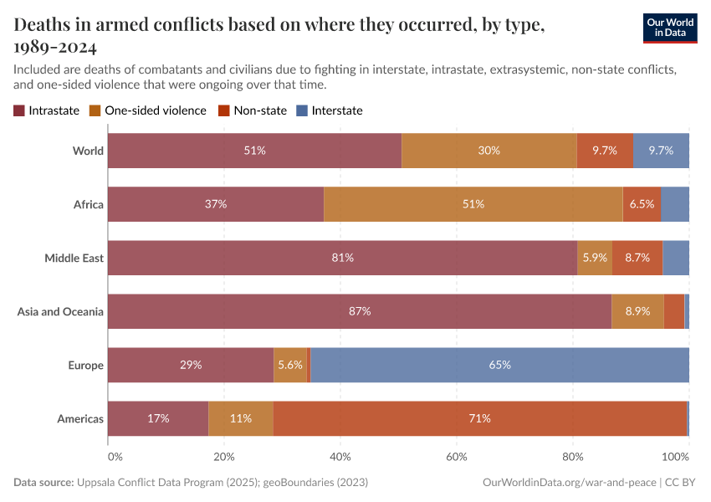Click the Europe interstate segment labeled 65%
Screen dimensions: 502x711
pyautogui.click(x=499, y=365)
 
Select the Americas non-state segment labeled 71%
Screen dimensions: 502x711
pyautogui.click(x=479, y=418)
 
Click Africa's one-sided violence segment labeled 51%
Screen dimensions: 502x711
pyautogui.click(x=473, y=204)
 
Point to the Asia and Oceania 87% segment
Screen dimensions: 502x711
pyautogui.click(x=360, y=311)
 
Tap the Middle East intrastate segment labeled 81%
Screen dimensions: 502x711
pyautogui.click(x=342, y=258)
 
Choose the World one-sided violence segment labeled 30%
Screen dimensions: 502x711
pyautogui.click(x=489, y=151)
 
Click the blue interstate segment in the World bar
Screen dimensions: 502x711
pyautogui.click(x=661, y=151)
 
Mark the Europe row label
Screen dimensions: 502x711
pyautogui.click(x=85, y=365)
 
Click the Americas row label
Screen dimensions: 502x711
pyautogui.click(x=80, y=418)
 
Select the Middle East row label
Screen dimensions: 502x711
pyautogui.click(x=74, y=258)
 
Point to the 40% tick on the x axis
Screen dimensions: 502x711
pyautogui.click(x=340, y=457)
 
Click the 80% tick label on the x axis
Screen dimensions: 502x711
pyautogui.click(x=572, y=457)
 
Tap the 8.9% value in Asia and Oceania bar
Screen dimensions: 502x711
pyautogui.click(x=637, y=311)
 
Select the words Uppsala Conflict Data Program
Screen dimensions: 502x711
pyautogui.click(x=147, y=483)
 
